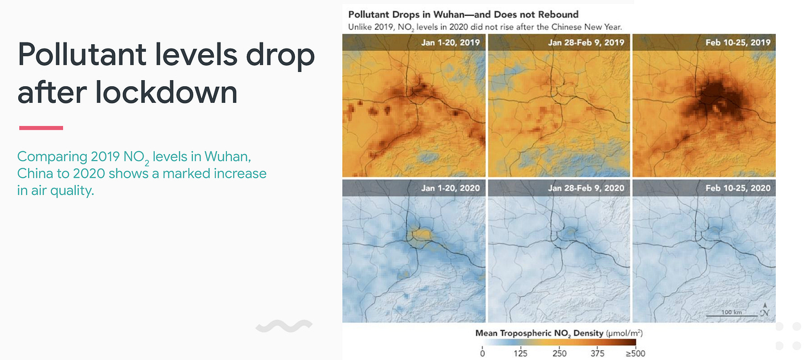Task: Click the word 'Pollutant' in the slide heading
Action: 82,55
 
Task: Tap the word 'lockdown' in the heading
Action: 166,92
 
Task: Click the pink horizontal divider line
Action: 41,128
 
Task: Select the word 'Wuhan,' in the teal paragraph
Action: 228,156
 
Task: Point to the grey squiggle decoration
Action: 284,326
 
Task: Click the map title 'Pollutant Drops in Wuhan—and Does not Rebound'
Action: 463,14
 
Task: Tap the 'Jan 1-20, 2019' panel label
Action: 451,43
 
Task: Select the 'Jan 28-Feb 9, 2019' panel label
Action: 586,43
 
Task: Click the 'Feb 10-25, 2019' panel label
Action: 738,43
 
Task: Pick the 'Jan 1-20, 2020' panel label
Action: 451,188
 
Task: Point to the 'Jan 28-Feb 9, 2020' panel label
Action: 586,188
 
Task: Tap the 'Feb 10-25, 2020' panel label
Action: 738,188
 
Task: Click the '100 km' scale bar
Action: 732,315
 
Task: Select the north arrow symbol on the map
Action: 765,310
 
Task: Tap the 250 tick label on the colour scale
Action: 559,353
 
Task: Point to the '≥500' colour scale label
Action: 635,353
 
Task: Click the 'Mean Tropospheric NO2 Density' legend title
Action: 539,333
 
